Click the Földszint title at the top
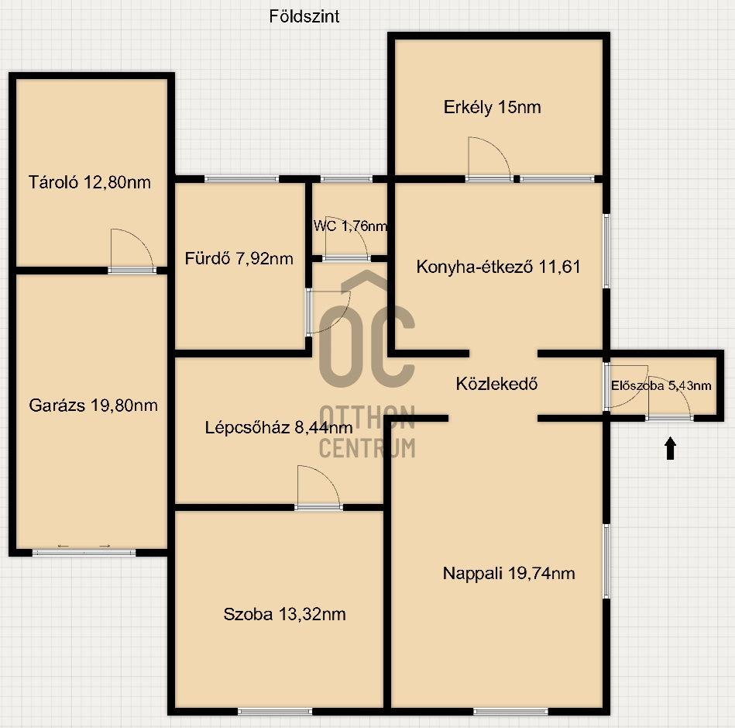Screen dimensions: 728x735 pyautogui.click(x=304, y=16)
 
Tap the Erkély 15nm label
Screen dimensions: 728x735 pyautogui.click(x=492, y=108)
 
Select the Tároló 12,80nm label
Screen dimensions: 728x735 pyautogui.click(x=89, y=183)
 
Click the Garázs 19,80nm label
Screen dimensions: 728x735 pyautogui.click(x=93, y=405)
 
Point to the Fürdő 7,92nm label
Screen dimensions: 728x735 pyautogui.click(x=239, y=258)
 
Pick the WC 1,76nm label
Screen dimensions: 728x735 pyautogui.click(x=350, y=226)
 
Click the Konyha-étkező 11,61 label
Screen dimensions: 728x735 pyautogui.click(x=498, y=267)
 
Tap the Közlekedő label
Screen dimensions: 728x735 pyautogui.click(x=496, y=383)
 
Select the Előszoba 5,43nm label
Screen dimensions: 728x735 pyautogui.click(x=661, y=385)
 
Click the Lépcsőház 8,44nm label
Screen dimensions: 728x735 pyautogui.click(x=279, y=426)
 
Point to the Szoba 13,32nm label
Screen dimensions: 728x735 pyautogui.click(x=284, y=615)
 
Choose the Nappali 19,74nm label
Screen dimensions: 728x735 pyautogui.click(x=509, y=574)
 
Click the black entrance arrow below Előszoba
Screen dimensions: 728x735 pyautogui.click(x=670, y=448)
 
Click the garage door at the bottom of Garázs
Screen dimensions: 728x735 pyautogui.click(x=84, y=551)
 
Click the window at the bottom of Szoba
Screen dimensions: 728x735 pyautogui.click(x=275, y=711)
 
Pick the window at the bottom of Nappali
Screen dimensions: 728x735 pyautogui.click(x=510, y=711)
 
